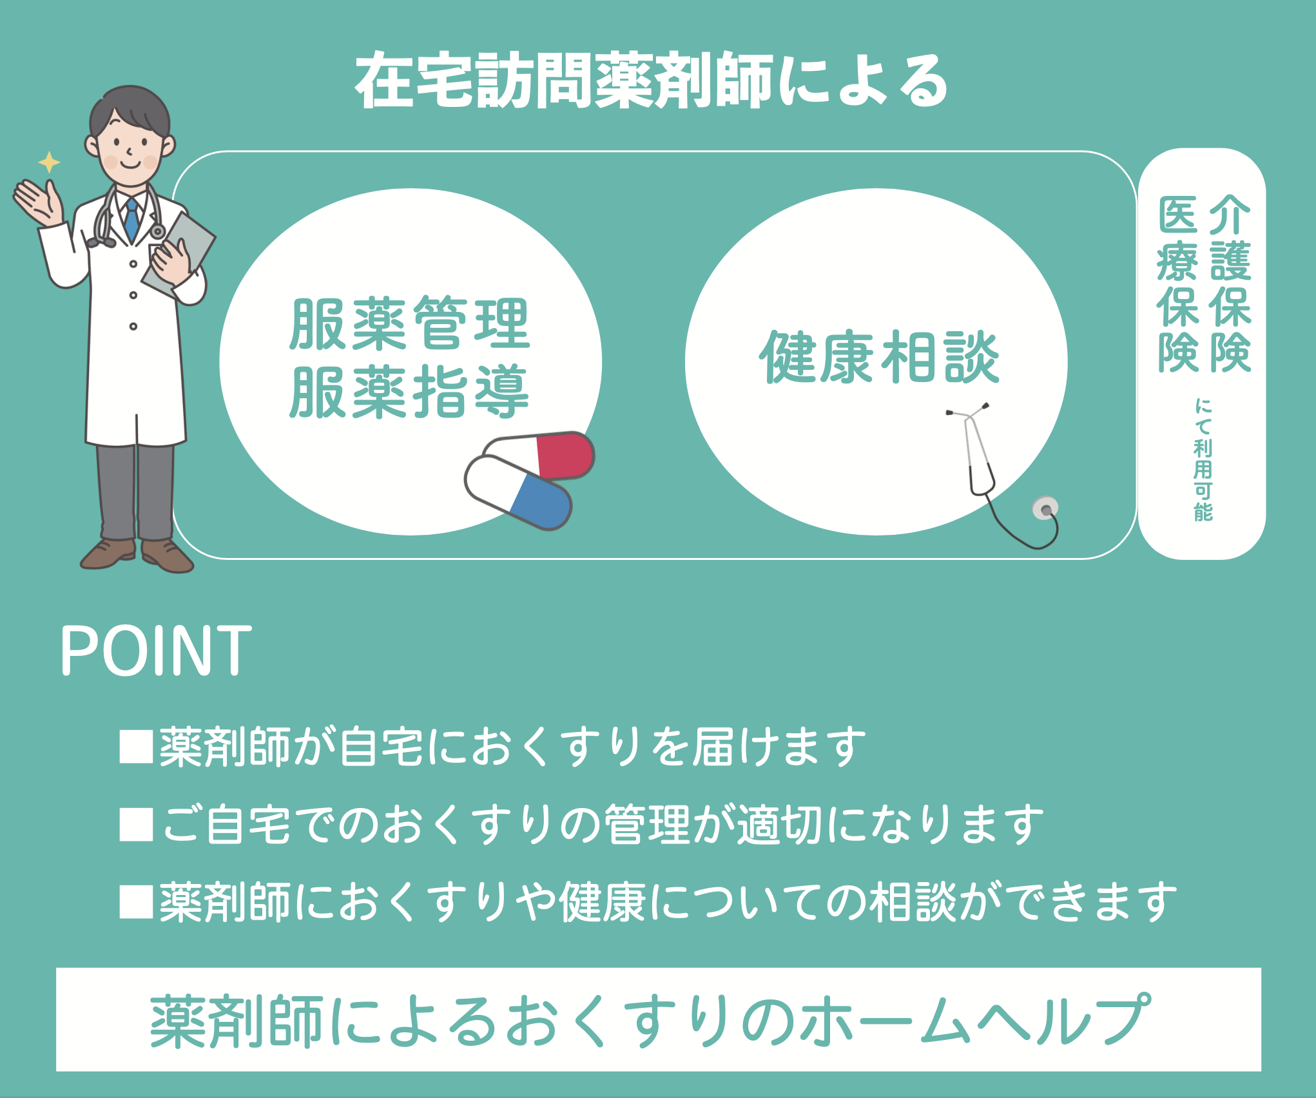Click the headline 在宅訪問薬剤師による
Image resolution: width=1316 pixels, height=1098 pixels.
[x=651, y=81]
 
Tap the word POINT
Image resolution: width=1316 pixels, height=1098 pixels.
[x=156, y=651]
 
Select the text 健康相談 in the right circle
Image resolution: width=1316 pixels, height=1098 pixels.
[x=879, y=357]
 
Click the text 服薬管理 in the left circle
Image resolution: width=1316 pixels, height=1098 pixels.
[x=410, y=323]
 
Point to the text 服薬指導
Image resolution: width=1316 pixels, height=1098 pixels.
[x=410, y=392]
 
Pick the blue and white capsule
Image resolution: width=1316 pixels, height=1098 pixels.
[x=518, y=492]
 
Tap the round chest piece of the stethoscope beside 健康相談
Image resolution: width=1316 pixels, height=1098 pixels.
[x=1045, y=509]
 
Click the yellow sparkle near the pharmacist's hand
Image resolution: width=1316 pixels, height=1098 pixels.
[x=49, y=162]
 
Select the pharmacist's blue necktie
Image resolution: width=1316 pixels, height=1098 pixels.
[x=132, y=219]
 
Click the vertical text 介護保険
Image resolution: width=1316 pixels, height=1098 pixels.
[x=1230, y=284]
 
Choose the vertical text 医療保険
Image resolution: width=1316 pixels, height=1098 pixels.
[x=1177, y=284]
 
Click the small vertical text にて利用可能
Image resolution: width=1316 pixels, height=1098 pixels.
[x=1203, y=459]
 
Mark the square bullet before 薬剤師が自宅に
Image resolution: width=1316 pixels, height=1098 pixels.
[x=136, y=747]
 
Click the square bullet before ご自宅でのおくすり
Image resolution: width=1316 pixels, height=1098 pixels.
[x=136, y=825]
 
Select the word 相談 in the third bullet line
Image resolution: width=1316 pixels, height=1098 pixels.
[x=912, y=902]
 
